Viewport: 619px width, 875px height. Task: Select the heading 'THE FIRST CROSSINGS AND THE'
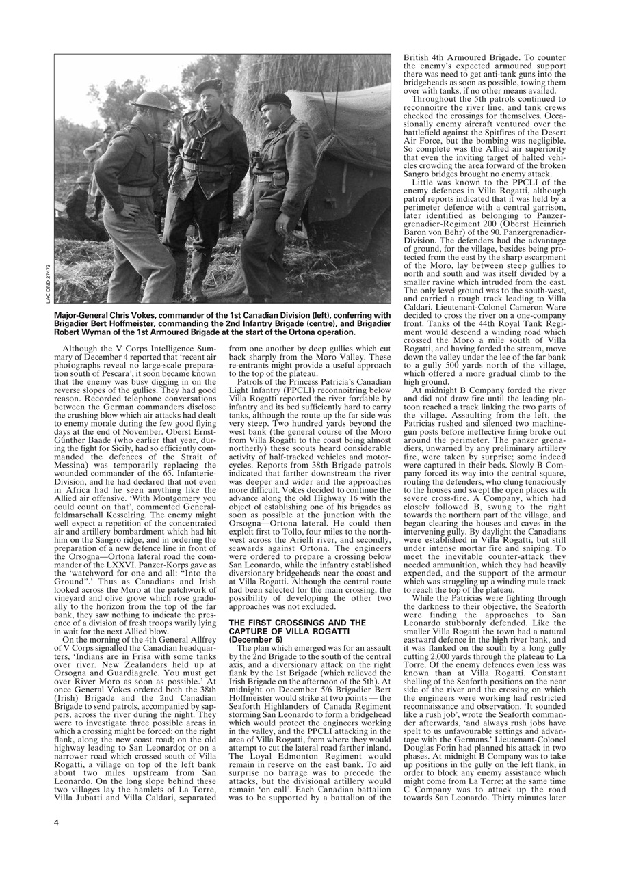(289, 623)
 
